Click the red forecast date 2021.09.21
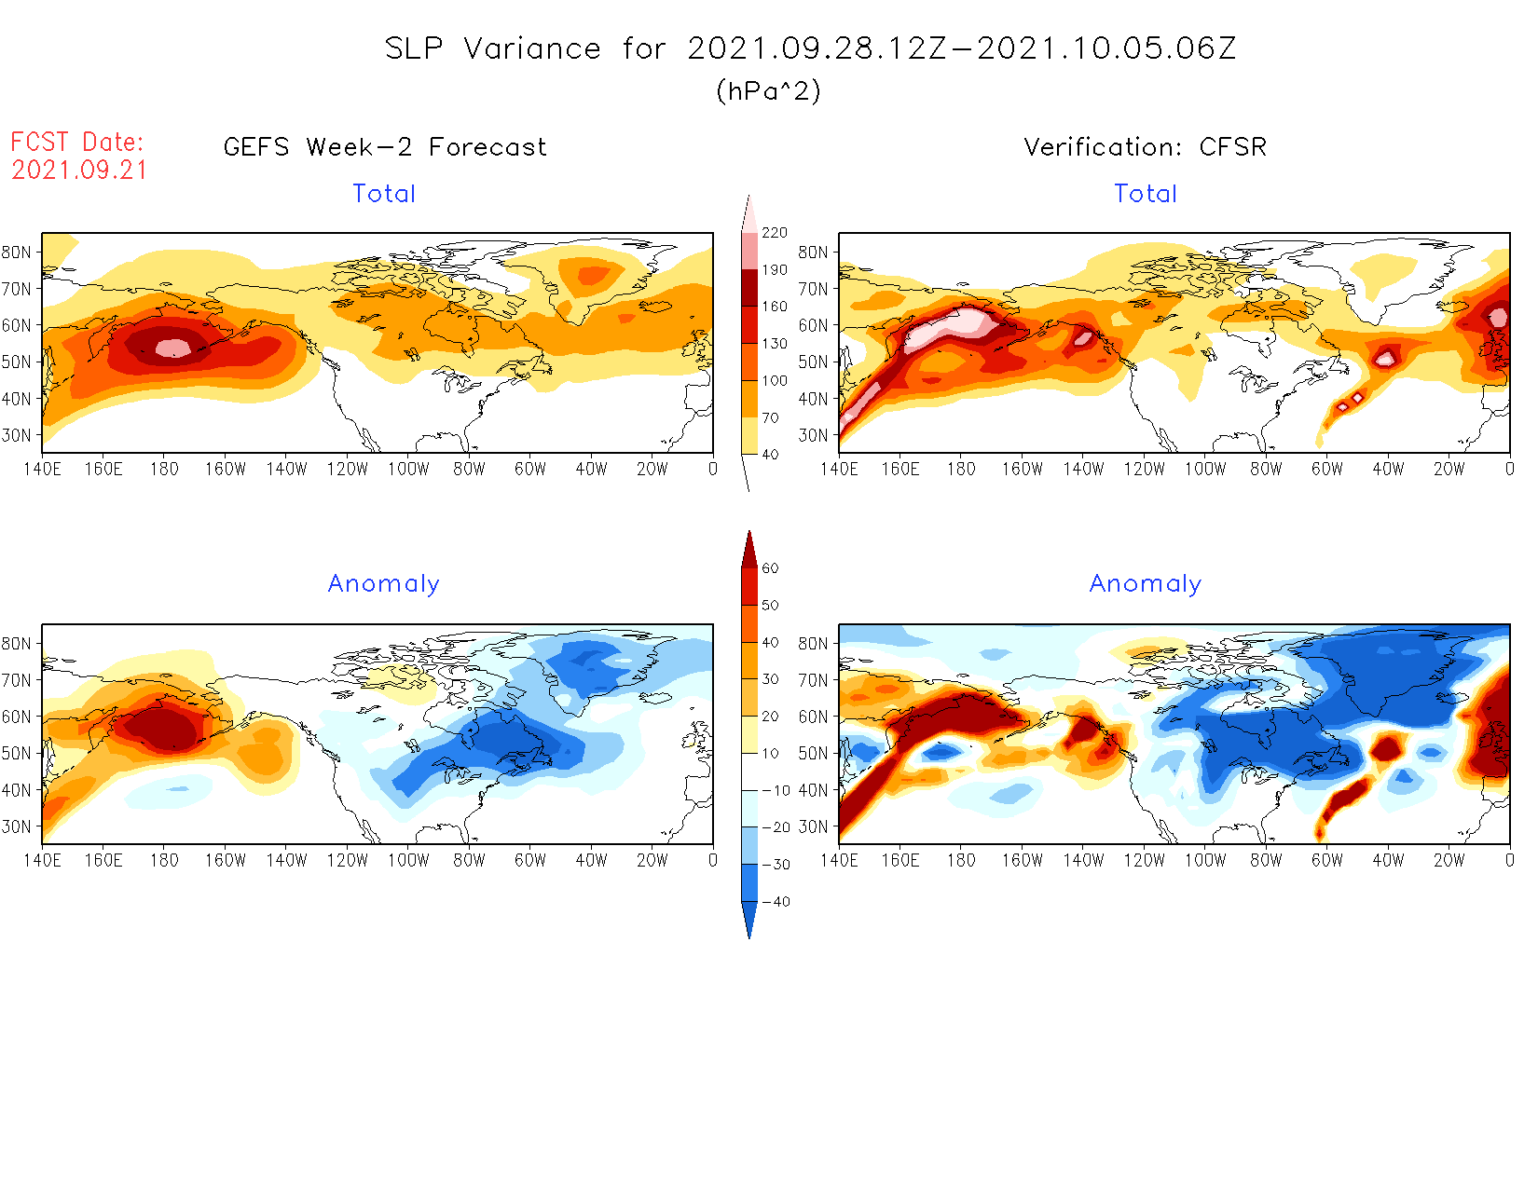79,171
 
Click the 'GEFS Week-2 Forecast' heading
385,147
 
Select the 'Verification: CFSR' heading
1145,147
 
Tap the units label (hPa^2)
768,91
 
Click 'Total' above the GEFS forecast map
384,194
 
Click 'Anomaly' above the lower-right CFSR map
1145,584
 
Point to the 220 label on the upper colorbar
774,233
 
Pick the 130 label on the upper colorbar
774,344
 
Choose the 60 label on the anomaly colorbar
770,568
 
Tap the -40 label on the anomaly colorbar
775,902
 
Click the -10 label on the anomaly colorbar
775,791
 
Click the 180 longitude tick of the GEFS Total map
164,469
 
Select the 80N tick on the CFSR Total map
812,253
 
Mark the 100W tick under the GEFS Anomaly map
408,860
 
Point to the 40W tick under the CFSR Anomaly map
1387,860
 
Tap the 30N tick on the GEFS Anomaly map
16,826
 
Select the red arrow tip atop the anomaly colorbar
748,540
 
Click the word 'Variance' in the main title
532,48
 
